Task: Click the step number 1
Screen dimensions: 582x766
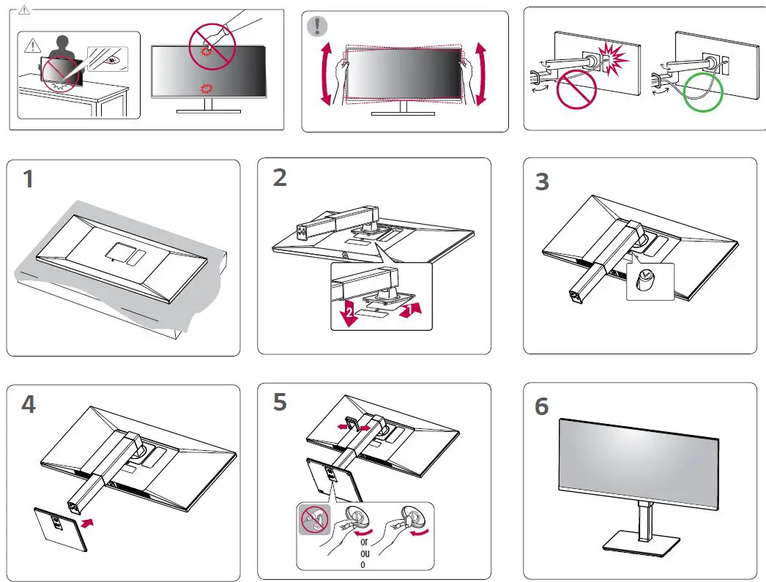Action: coord(28,179)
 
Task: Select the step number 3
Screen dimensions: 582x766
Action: coord(542,182)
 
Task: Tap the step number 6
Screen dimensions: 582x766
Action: coord(542,406)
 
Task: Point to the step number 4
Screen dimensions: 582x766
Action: coord(29,404)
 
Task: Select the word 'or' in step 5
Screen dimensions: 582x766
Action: coord(363,542)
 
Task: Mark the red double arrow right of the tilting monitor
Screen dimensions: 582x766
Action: coord(481,75)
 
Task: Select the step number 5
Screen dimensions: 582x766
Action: coord(280,403)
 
